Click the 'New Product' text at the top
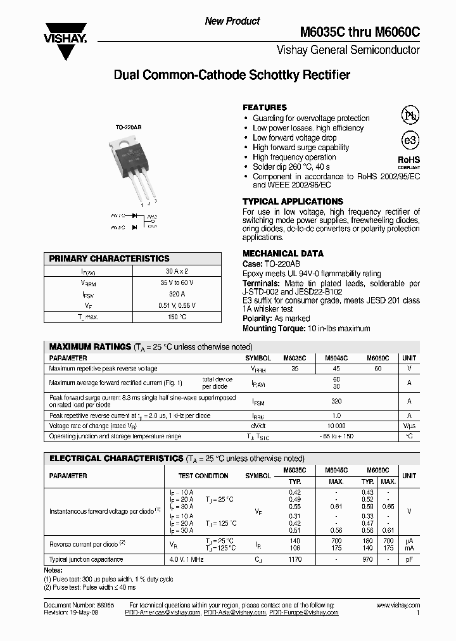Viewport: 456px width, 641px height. [x=232, y=21]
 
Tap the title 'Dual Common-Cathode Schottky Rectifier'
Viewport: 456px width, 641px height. [x=231, y=75]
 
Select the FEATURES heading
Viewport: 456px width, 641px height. [x=265, y=108]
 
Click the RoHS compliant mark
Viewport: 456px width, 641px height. [x=408, y=163]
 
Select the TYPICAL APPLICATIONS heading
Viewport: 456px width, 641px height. [x=293, y=201]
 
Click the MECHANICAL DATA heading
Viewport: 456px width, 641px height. [x=283, y=253]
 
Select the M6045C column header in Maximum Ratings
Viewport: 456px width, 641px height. [x=336, y=358]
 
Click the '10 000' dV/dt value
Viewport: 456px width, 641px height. [x=336, y=426]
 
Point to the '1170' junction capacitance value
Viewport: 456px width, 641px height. [x=295, y=559]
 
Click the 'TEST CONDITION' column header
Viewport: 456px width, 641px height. [x=203, y=476]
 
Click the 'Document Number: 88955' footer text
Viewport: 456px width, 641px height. [x=75, y=606]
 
